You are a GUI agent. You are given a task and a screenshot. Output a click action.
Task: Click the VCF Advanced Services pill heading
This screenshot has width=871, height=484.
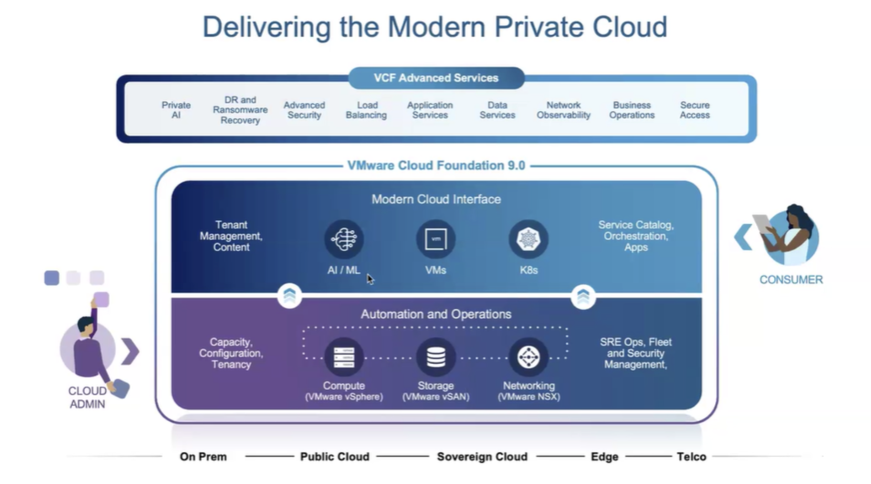point(436,78)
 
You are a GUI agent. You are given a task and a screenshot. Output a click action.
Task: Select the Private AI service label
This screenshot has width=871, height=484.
point(176,110)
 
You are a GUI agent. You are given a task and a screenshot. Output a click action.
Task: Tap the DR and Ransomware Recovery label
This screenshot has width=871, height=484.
point(240,110)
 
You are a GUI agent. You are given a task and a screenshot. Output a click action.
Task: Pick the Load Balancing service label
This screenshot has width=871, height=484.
point(366,110)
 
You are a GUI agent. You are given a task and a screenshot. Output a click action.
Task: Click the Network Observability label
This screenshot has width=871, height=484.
point(563,110)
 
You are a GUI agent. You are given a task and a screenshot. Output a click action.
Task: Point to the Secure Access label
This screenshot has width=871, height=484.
point(694,110)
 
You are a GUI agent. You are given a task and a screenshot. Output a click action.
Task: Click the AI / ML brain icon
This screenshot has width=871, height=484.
point(344,239)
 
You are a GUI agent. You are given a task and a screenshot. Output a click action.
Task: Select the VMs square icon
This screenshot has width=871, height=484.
point(435,239)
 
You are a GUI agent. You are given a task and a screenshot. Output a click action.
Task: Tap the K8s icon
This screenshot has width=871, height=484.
point(528,239)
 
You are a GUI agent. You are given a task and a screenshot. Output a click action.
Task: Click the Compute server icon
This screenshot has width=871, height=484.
point(344,357)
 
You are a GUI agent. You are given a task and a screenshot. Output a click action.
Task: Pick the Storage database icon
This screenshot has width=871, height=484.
point(435,357)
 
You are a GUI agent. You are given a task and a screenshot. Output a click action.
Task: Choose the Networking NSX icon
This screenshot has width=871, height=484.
point(528,357)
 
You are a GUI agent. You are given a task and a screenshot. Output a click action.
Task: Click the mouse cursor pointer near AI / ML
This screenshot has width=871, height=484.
point(370,279)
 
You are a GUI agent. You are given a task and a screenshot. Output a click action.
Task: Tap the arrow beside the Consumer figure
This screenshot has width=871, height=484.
point(743,237)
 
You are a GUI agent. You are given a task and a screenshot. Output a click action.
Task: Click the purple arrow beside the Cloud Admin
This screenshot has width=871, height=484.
point(130,351)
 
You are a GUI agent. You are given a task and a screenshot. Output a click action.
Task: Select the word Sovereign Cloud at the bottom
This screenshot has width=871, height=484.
point(482,457)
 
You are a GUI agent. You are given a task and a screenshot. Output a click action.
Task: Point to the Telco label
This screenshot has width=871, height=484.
point(691,457)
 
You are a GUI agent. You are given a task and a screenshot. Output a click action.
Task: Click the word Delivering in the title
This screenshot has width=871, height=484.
point(266,27)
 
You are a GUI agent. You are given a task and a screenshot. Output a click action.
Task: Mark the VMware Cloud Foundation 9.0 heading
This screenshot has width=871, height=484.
point(436,166)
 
